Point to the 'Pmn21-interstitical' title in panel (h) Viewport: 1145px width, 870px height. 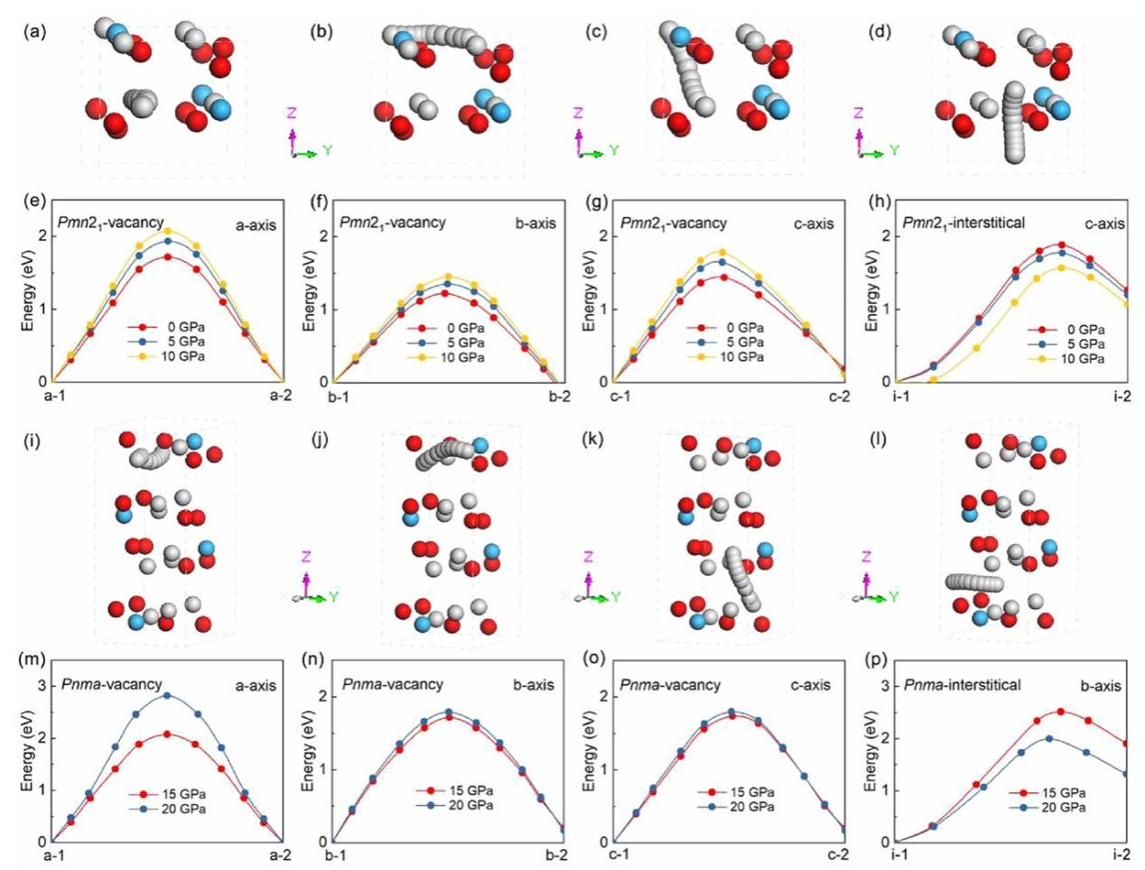click(963, 222)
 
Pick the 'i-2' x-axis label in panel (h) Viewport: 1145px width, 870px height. click(1122, 397)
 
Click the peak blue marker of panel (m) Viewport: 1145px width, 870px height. click(166, 695)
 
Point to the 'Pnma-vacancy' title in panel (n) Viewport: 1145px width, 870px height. click(393, 685)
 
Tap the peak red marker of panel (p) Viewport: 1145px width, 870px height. click(1061, 711)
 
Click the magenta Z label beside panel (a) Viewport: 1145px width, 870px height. click(292, 113)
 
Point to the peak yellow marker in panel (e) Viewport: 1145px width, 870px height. click(167, 231)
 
